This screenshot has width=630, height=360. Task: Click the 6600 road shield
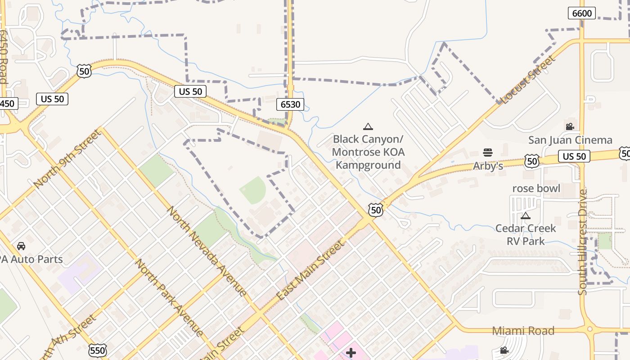[x=582, y=13]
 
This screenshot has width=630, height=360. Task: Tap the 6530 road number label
[x=290, y=104]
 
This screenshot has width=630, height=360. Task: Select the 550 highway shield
[x=98, y=350]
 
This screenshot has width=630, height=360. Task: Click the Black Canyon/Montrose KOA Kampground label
[x=368, y=152]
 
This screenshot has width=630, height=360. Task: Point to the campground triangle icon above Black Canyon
[x=368, y=127]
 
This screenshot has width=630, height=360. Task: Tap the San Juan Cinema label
[x=570, y=140]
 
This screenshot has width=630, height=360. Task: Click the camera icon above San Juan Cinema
[x=570, y=127]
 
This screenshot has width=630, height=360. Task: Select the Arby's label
[x=488, y=166]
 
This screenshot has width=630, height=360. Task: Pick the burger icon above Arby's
[x=488, y=153]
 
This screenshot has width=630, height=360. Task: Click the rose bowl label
[x=536, y=188]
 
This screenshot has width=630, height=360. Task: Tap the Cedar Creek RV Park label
[x=526, y=234]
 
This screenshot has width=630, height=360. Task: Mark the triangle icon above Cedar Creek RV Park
[x=526, y=216]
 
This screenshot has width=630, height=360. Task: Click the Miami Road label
[x=523, y=331]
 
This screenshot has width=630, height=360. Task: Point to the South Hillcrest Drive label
[x=583, y=242]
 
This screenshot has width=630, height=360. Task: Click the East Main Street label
[x=310, y=270]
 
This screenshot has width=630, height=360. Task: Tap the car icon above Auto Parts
[x=21, y=246]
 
